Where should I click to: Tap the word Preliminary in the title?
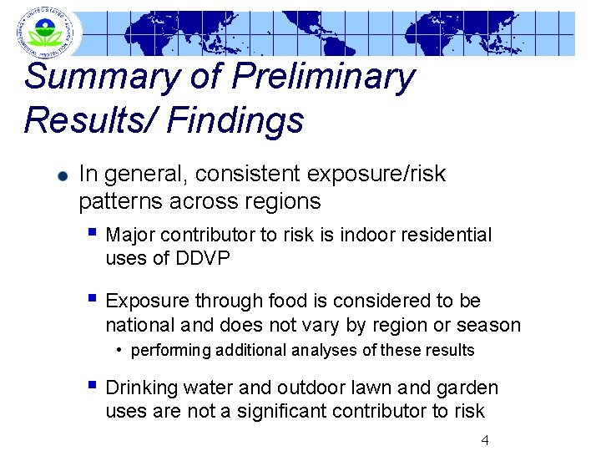[x=324, y=78]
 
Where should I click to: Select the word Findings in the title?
[x=235, y=121]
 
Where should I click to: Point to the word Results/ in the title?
[x=90, y=121]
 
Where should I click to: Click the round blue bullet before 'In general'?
[x=62, y=177]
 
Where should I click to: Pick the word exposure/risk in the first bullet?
[x=377, y=175]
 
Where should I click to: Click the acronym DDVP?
[x=202, y=258]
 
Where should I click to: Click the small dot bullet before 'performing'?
[x=121, y=349]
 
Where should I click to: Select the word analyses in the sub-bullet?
[x=326, y=351]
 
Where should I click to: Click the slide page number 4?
[x=485, y=440]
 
